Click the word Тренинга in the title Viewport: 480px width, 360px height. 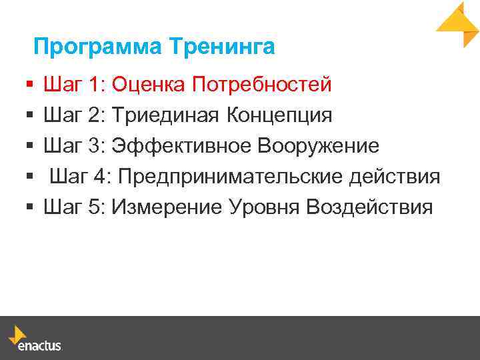[221, 47]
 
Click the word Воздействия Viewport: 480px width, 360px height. [369, 207]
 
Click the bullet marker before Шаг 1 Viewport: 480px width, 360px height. [29, 85]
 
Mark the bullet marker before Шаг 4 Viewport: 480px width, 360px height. [29, 177]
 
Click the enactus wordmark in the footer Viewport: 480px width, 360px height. [41, 346]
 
